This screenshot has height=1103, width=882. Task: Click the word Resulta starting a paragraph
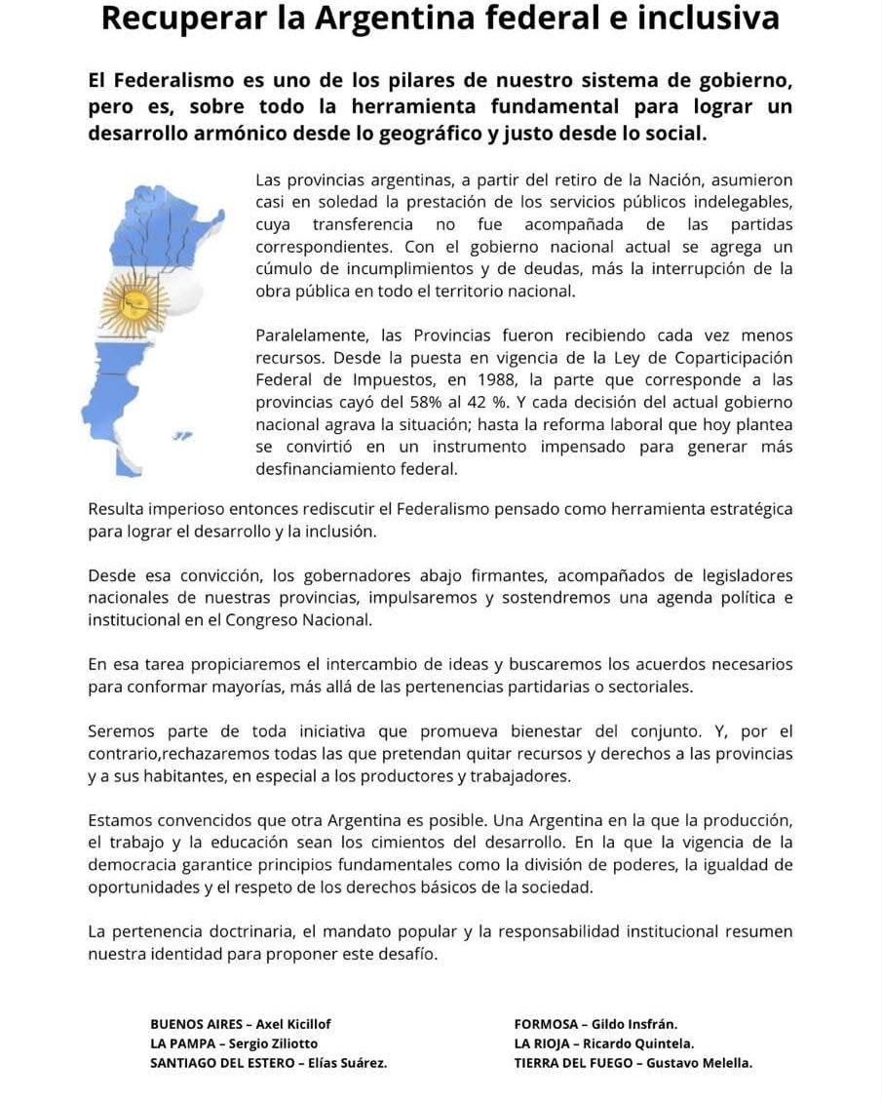(x=114, y=509)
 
